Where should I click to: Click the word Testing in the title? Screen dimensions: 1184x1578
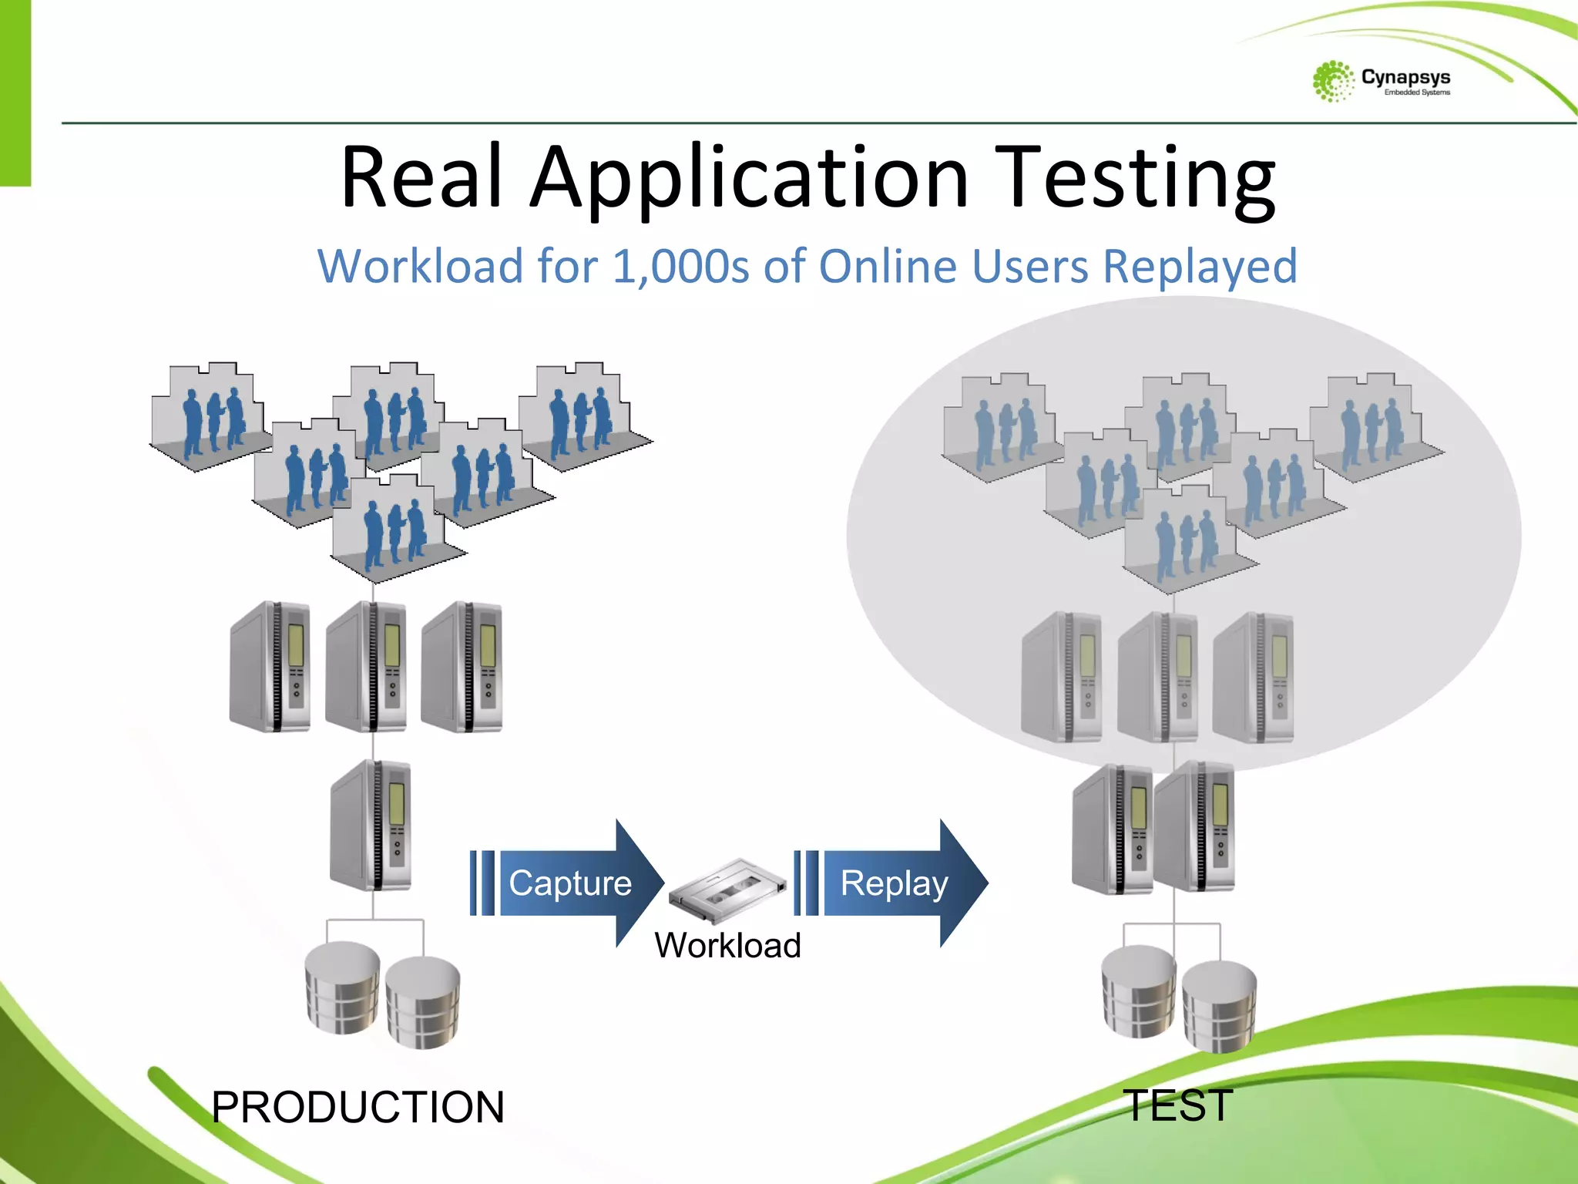pos(1134,179)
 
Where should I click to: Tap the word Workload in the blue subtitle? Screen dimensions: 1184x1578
pos(421,267)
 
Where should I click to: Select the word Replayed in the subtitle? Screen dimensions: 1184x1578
pos(1200,267)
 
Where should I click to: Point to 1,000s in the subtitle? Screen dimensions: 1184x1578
pos(681,267)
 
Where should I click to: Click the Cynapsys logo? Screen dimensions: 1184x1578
pos(1381,81)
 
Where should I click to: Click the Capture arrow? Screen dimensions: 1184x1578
pos(568,883)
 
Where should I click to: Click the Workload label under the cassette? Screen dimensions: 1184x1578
pos(728,946)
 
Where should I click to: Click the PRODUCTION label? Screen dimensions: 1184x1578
pos(358,1108)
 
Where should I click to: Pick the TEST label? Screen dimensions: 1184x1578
pos(1177,1105)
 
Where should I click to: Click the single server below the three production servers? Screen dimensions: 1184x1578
pos(371,825)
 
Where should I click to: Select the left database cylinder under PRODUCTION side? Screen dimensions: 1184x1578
pos(342,988)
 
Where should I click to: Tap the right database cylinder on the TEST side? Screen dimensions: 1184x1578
pos(1219,1006)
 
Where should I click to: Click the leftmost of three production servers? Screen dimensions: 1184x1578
pos(271,667)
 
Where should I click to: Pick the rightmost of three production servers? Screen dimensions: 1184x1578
pos(462,667)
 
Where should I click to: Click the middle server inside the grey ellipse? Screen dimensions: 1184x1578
pos(1157,677)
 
